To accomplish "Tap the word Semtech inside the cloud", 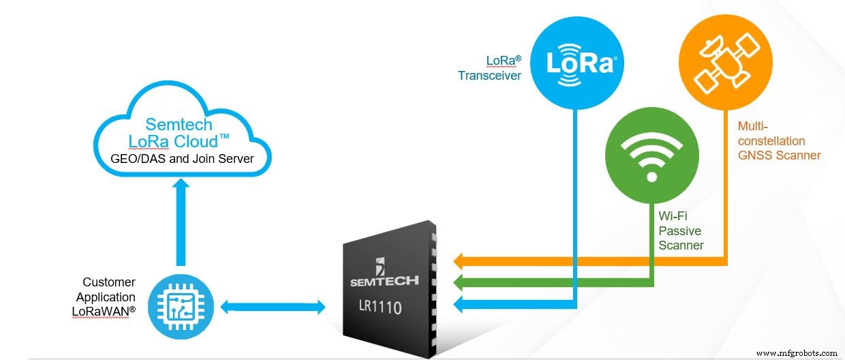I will [179, 125].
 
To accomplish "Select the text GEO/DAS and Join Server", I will [182, 160].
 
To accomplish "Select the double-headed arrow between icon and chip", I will [273, 307].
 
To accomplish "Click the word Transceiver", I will [489, 75].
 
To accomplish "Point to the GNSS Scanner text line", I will [779, 155].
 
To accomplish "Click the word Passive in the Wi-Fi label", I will [679, 230].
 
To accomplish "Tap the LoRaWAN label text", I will [104, 312].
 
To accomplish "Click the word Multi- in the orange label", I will [752, 126].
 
